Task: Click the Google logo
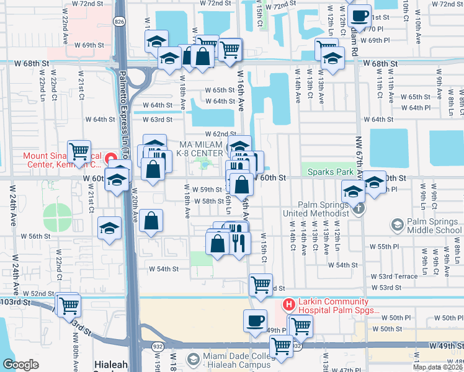click(x=20, y=365)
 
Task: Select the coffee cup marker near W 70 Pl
click(x=359, y=15)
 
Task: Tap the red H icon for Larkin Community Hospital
click(x=288, y=305)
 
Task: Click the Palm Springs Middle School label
click(x=434, y=227)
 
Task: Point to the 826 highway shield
click(x=118, y=22)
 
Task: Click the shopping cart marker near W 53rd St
click(x=261, y=285)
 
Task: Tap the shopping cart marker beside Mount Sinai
click(x=79, y=150)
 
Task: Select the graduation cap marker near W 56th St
click(x=109, y=228)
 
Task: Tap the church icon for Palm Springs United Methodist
click(x=358, y=210)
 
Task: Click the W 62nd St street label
click(x=221, y=134)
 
